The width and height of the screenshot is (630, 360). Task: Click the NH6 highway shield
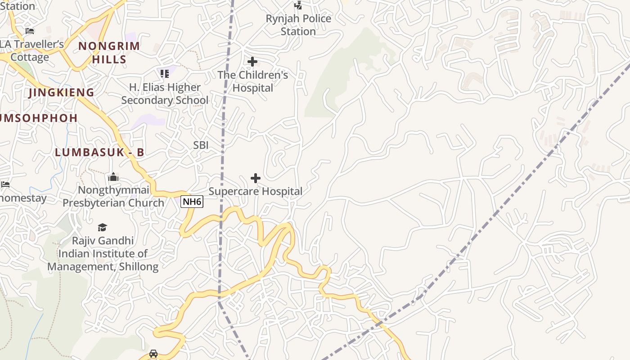point(192,202)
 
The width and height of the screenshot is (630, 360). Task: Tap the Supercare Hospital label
point(256,191)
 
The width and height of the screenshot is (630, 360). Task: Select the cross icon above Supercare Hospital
point(256,178)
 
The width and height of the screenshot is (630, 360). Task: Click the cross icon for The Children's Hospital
point(252,62)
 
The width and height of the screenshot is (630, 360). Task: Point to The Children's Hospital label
point(253,81)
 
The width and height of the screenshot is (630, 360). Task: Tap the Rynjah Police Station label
point(298,25)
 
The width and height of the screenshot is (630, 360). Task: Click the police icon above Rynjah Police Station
point(298,5)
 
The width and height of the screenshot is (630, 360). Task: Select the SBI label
point(201,145)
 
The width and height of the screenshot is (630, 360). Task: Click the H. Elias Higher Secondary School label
point(165,94)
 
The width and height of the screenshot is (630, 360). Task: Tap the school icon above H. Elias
point(164,73)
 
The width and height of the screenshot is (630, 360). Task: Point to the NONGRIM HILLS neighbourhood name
point(109,52)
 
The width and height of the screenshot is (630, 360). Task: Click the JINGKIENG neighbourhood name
point(61,93)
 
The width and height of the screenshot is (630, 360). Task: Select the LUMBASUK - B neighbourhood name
point(99,153)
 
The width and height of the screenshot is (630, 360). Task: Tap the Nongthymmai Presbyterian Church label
point(113,196)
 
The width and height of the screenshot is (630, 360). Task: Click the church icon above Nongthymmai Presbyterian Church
point(113,177)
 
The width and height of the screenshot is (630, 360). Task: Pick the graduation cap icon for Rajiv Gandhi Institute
point(103,228)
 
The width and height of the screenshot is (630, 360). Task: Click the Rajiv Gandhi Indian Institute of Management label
point(103,254)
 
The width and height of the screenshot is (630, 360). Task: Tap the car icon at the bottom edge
point(153,354)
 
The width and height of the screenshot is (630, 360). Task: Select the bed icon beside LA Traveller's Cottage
point(30,31)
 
